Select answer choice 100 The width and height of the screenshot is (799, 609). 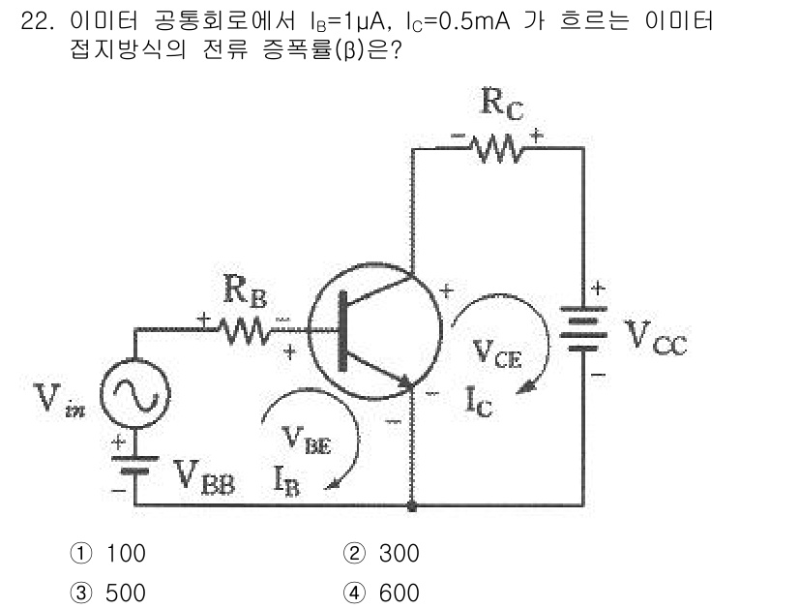point(125,554)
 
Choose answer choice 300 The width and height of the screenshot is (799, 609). point(399,554)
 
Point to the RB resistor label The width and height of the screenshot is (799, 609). point(243,290)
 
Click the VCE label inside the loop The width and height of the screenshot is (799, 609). point(497,355)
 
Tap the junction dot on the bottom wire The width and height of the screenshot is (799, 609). point(413,505)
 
